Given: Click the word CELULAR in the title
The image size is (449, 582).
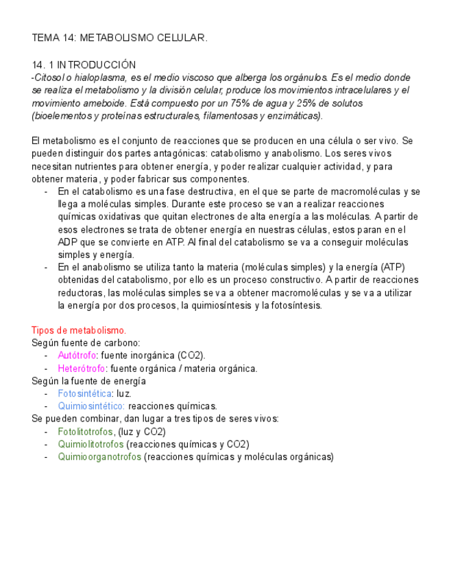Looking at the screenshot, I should (x=182, y=38).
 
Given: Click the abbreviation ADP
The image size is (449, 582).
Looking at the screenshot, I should (x=68, y=242).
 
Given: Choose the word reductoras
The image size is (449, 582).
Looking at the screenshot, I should (x=80, y=293).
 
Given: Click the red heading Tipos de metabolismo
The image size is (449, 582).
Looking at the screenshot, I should (x=79, y=330).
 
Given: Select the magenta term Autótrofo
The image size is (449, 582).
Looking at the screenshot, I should (x=77, y=356).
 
